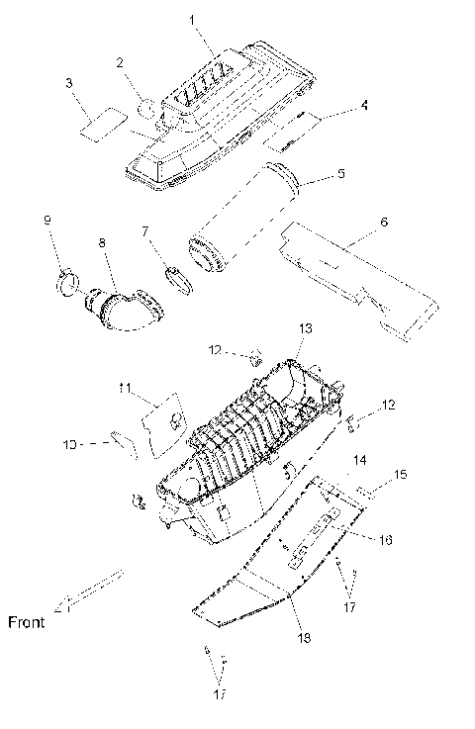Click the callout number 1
point(194,20)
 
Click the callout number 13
point(305,327)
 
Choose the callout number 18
point(304,639)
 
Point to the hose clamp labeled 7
point(176,278)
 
